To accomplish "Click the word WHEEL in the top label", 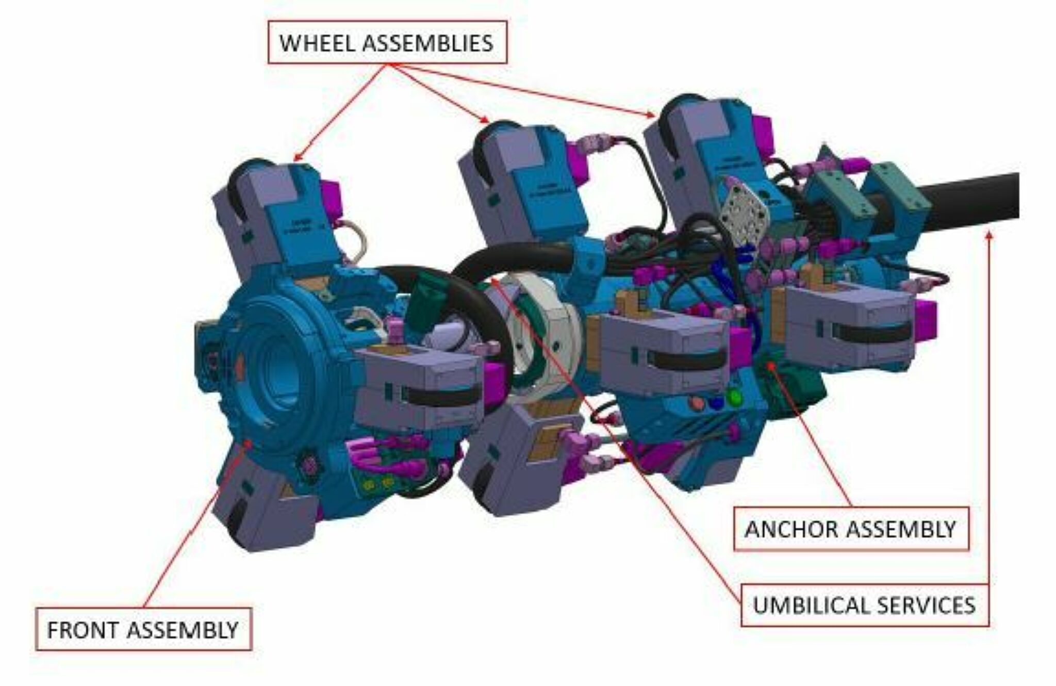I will [318, 43].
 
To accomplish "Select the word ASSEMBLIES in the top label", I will [428, 43].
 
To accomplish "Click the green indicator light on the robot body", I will [733, 397].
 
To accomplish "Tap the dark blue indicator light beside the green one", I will [715, 402].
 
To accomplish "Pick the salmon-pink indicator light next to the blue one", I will [698, 401].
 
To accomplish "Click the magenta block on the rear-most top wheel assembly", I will [763, 135].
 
